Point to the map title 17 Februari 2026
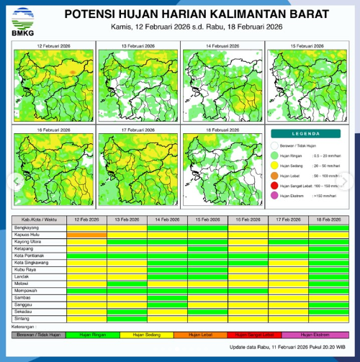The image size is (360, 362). coord(138,130)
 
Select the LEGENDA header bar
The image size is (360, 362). coord(310,134)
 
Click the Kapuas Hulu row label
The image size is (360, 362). coord(27,235)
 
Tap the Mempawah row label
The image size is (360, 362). coord(27,290)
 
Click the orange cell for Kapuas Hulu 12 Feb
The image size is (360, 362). coord(86,235)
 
